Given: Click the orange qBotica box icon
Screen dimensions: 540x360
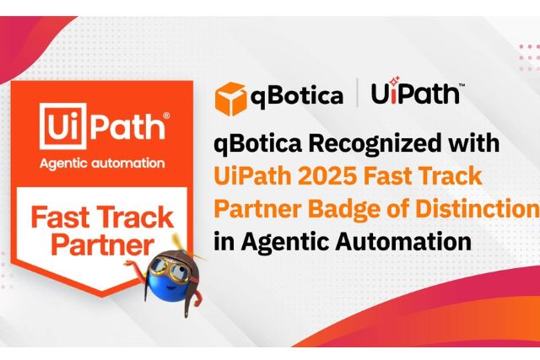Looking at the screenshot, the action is [230, 99].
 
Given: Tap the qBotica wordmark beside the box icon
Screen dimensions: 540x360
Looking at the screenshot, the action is [296, 96].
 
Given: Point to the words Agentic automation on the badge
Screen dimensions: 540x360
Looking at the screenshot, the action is [102, 163].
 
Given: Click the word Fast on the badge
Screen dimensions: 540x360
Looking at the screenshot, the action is [60, 218].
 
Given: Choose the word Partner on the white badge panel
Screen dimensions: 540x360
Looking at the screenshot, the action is [103, 244].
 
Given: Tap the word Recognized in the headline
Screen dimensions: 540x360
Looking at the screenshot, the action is [375, 144].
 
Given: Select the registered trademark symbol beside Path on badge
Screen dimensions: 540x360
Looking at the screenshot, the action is [166, 116].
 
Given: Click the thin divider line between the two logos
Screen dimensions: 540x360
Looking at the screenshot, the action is [357, 92].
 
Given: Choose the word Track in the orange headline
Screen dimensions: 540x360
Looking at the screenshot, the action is [454, 176].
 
